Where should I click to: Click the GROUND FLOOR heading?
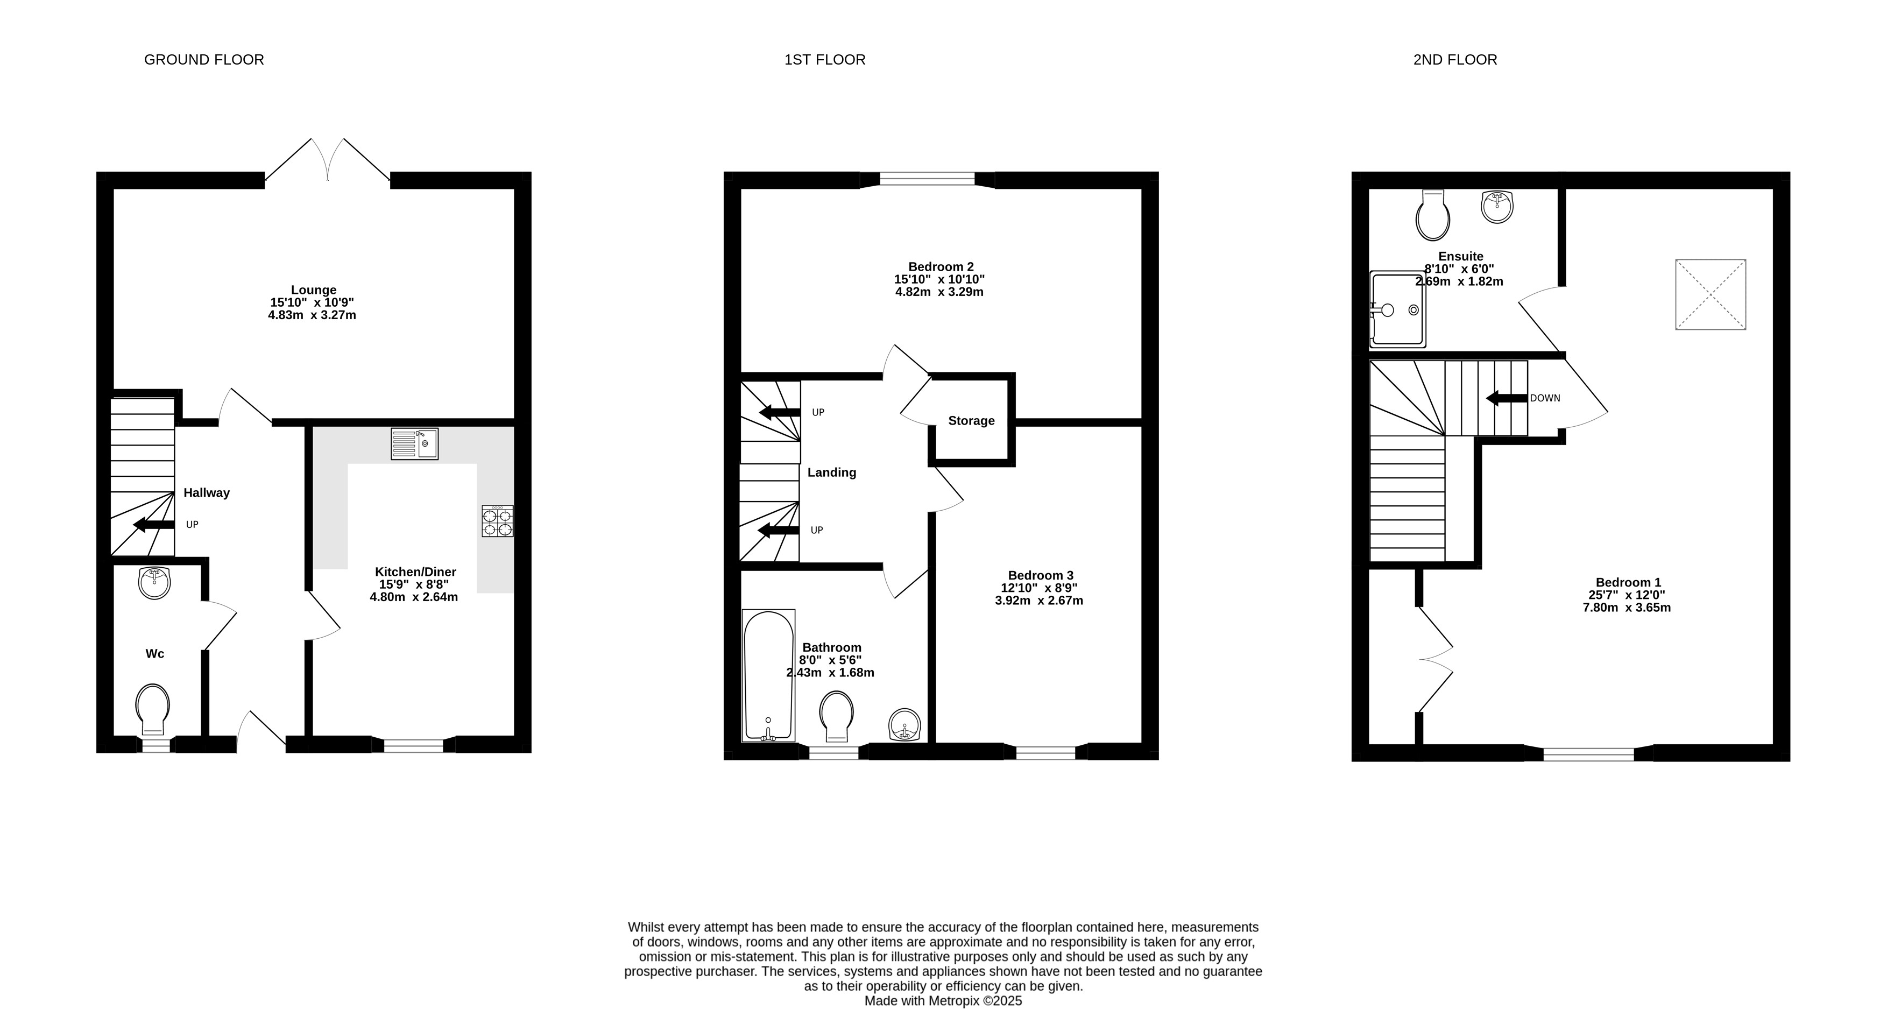[x=203, y=59]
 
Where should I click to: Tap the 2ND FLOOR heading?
[x=1455, y=59]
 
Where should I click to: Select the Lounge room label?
[x=314, y=290]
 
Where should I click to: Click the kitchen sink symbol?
[x=415, y=444]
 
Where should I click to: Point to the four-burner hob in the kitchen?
[x=497, y=521]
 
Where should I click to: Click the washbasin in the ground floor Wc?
[x=154, y=583]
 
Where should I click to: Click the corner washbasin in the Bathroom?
[x=906, y=725]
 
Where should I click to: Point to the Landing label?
[x=831, y=472]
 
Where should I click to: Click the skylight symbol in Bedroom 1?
[x=1711, y=294]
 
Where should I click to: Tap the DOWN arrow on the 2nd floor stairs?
[x=1507, y=398]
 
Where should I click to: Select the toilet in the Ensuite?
[x=1433, y=215]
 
